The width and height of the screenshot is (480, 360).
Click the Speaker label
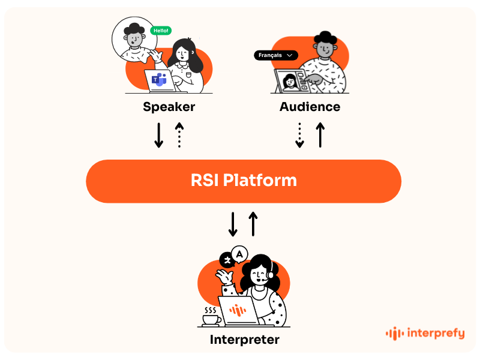(x=169, y=107)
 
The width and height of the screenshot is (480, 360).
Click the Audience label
(x=310, y=107)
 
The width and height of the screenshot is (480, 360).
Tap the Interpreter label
(x=244, y=340)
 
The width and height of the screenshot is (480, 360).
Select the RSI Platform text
(x=243, y=180)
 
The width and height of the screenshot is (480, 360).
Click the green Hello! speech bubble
(x=161, y=30)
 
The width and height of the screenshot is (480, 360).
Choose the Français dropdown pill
(x=276, y=55)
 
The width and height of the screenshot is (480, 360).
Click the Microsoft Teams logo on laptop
(x=159, y=80)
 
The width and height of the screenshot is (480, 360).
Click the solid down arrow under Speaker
(x=159, y=135)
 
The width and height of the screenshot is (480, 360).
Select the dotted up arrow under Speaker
(x=179, y=135)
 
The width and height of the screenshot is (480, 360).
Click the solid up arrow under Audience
(x=320, y=135)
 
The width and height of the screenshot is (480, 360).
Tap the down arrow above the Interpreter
(x=233, y=224)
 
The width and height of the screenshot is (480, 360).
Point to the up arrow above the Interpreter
(x=253, y=224)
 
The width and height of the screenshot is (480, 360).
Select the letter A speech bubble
(x=240, y=254)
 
